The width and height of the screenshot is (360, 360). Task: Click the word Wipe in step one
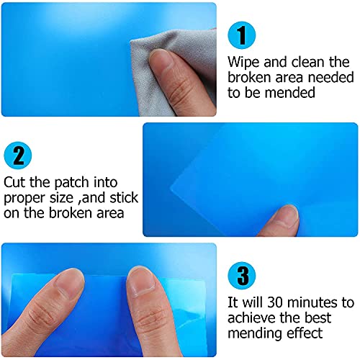242,63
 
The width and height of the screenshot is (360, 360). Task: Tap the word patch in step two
67,183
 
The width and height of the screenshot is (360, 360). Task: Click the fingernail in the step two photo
288,212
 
